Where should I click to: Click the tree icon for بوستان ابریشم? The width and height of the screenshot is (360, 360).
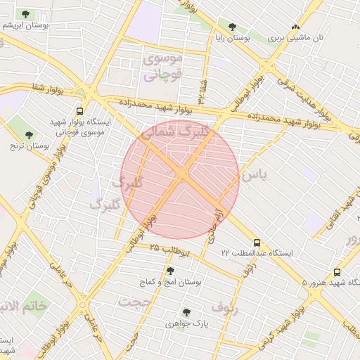coord(26,14)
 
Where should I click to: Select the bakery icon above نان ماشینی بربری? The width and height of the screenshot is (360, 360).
coord(296,27)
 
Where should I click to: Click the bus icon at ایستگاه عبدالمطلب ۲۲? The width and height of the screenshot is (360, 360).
coord(256,241)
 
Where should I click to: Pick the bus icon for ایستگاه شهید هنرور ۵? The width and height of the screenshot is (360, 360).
coord(337,272)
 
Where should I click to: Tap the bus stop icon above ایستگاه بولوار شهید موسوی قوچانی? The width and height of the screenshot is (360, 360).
coord(79,111)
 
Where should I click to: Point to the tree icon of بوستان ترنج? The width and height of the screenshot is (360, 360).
coord(29,135)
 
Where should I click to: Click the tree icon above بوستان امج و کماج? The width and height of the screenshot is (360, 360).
coord(170,271)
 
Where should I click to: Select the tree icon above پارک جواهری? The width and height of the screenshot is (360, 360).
coord(186,313)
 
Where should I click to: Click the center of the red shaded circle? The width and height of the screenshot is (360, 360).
coord(180,180)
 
